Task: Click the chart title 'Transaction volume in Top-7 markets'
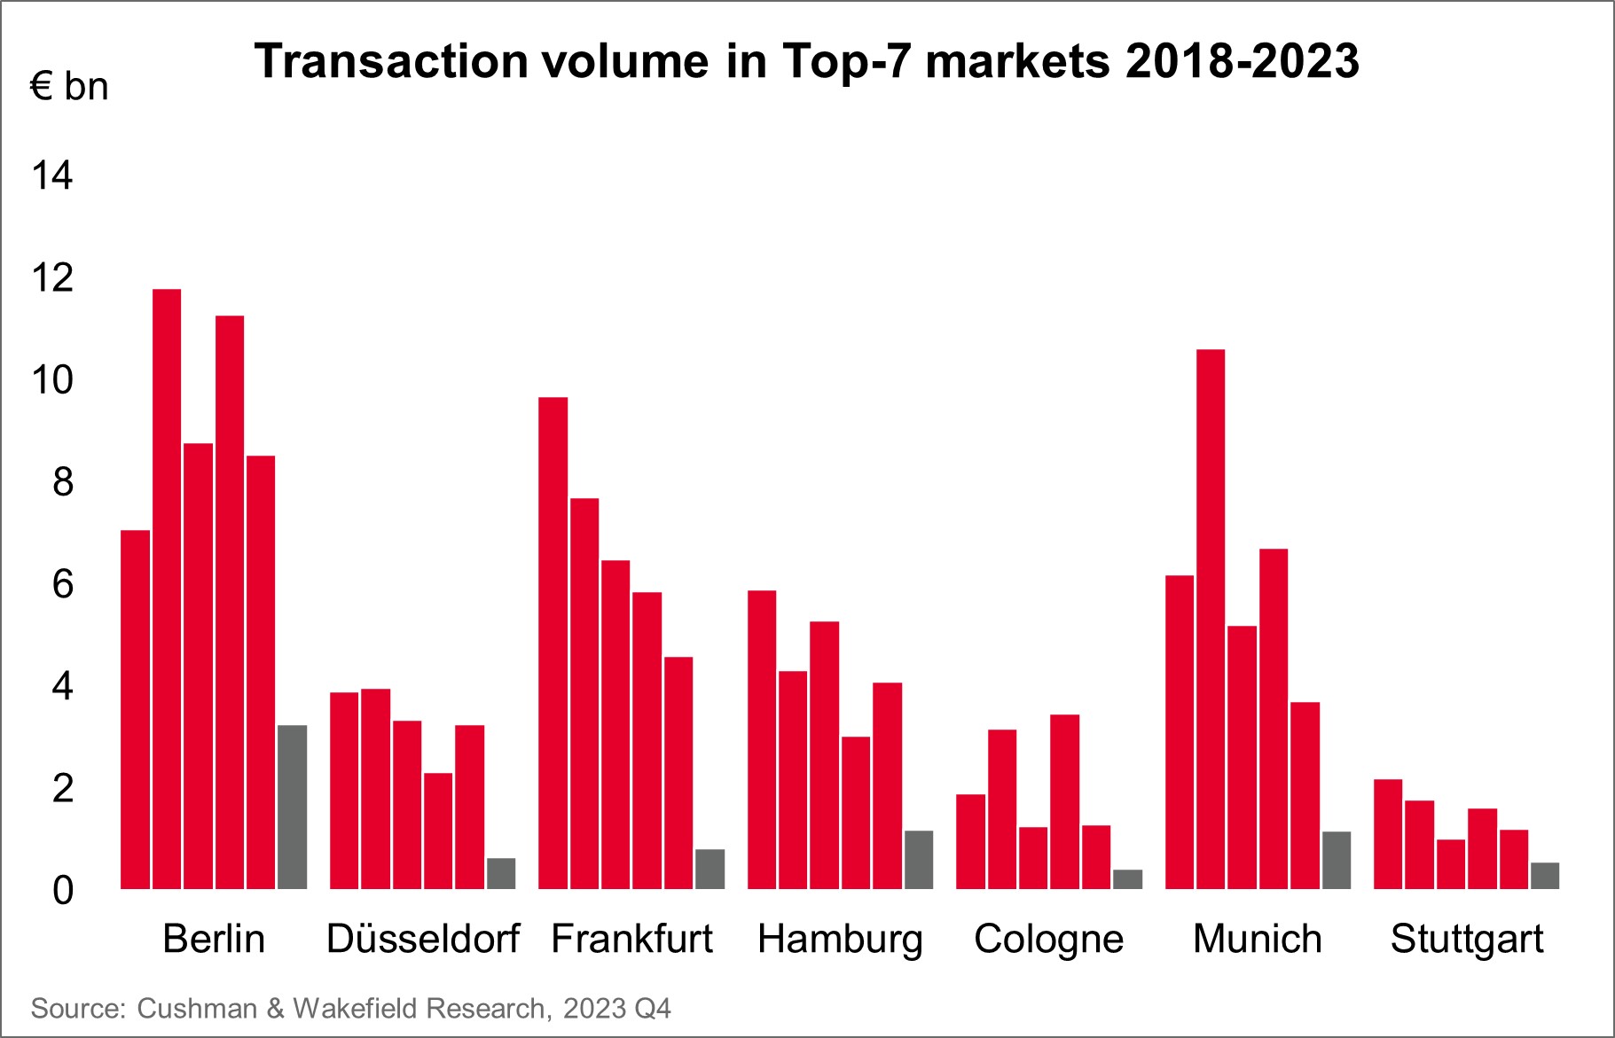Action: (806, 61)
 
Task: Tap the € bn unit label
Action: (69, 87)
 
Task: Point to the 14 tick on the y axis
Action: (52, 176)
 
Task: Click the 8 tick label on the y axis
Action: (62, 482)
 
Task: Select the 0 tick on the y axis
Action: (62, 890)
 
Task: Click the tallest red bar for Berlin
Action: (167, 589)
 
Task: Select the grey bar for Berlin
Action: (292, 807)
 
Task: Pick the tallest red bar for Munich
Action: (1211, 619)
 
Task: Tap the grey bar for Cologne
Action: (1127, 878)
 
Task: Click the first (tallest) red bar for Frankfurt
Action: (553, 643)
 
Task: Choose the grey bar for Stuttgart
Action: (1545, 875)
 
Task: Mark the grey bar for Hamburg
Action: (919, 859)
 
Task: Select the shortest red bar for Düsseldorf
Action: (438, 831)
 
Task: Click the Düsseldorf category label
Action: (423, 939)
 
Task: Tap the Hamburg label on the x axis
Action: (840, 939)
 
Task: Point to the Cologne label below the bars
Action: (1048, 939)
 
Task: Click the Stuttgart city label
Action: (1467, 939)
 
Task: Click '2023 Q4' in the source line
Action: (616, 1008)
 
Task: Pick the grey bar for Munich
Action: (1337, 860)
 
